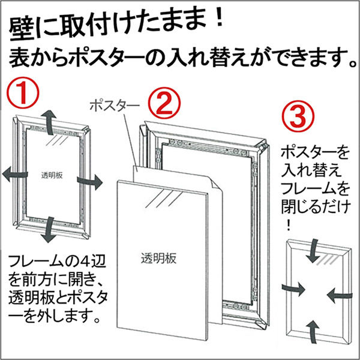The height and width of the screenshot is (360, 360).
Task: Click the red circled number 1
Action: point(23,93)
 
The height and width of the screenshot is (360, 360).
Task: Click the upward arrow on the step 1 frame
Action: point(49,122)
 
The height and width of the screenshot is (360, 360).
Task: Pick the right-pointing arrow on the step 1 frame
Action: point(90,181)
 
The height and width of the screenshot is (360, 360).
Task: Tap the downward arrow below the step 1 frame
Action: point(49,230)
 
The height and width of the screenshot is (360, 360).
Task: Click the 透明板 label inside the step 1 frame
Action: point(52,175)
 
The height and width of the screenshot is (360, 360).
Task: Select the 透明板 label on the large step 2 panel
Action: point(158,259)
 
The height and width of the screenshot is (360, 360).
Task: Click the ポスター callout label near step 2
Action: point(115,106)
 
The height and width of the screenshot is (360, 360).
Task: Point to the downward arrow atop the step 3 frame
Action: point(313,251)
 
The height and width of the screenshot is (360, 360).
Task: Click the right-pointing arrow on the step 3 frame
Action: point(293,289)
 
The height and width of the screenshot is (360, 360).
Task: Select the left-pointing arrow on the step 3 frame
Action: point(340,295)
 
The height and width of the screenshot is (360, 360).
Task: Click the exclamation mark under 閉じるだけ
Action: point(289,225)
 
